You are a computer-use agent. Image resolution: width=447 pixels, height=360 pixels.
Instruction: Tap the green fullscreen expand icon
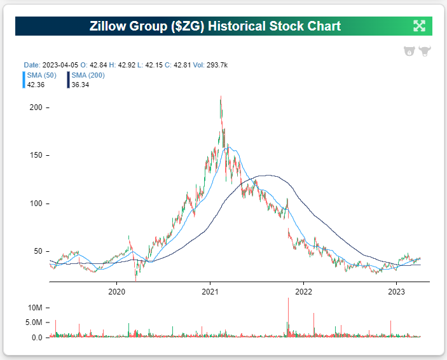(419, 26)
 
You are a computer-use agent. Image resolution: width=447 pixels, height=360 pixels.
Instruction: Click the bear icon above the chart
(409, 51)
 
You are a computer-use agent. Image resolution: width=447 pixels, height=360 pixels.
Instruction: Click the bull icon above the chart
(424, 51)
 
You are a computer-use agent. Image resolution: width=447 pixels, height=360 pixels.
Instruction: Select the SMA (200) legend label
(88, 75)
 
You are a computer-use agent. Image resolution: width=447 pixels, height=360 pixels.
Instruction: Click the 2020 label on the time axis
(116, 292)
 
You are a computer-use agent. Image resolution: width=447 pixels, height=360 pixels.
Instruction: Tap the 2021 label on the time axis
(210, 292)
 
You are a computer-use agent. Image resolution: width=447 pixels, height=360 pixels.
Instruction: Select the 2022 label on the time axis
(304, 292)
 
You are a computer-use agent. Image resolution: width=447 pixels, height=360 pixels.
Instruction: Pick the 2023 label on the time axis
(397, 292)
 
